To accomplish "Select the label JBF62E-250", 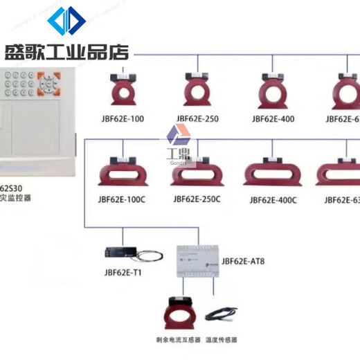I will coord(197,119).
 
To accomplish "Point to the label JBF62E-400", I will coord(273,119).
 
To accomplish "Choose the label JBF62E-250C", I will coord(197,199).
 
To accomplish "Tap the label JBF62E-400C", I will coord(273,200).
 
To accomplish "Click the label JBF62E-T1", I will coord(121,273).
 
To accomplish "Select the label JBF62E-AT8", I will coord(243,262).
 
